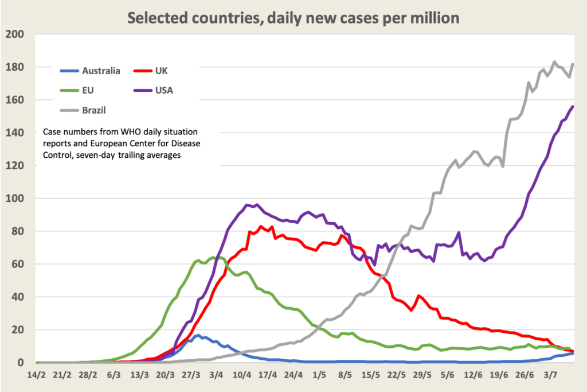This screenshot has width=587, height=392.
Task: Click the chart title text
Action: (293, 18)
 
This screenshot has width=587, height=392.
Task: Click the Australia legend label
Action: (101, 71)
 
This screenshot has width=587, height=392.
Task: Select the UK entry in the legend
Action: (161, 71)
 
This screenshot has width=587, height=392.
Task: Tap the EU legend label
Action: (89, 90)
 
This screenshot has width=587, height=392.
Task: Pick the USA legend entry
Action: (164, 90)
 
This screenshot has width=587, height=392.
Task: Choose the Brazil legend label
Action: (94, 109)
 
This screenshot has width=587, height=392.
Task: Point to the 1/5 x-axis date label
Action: (319, 375)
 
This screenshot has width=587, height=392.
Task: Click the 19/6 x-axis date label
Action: (499, 375)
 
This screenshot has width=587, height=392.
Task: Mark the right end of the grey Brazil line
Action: (573, 64)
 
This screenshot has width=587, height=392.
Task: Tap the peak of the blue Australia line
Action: (198, 336)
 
